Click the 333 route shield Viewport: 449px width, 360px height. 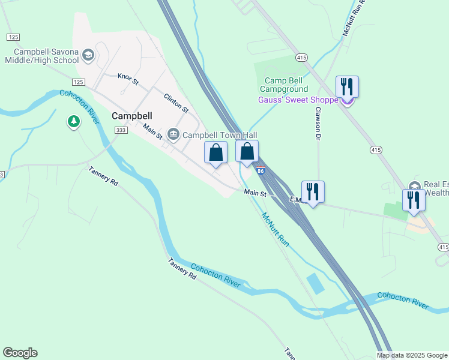pyautogui.click(x=121, y=130)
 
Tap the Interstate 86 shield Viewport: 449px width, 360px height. pyautogui.click(x=261, y=171)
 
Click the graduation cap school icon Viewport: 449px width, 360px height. pyautogui.click(x=88, y=56)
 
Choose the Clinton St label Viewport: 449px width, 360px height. pyautogui.click(x=176, y=103)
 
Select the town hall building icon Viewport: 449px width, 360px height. pyautogui.click(x=173, y=133)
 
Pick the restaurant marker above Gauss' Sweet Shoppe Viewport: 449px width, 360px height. pyautogui.click(x=347, y=87)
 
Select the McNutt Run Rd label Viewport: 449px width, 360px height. pyautogui.click(x=354, y=18)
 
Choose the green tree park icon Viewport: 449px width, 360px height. pyautogui.click(x=74, y=122)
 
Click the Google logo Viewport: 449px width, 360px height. pyautogui.click(x=20, y=353)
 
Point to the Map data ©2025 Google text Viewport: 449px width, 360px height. pyautogui.click(x=412, y=355)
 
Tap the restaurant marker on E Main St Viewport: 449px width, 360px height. pyautogui.click(x=312, y=191)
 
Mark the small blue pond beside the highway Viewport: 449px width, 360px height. pyautogui.click(x=315, y=283)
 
